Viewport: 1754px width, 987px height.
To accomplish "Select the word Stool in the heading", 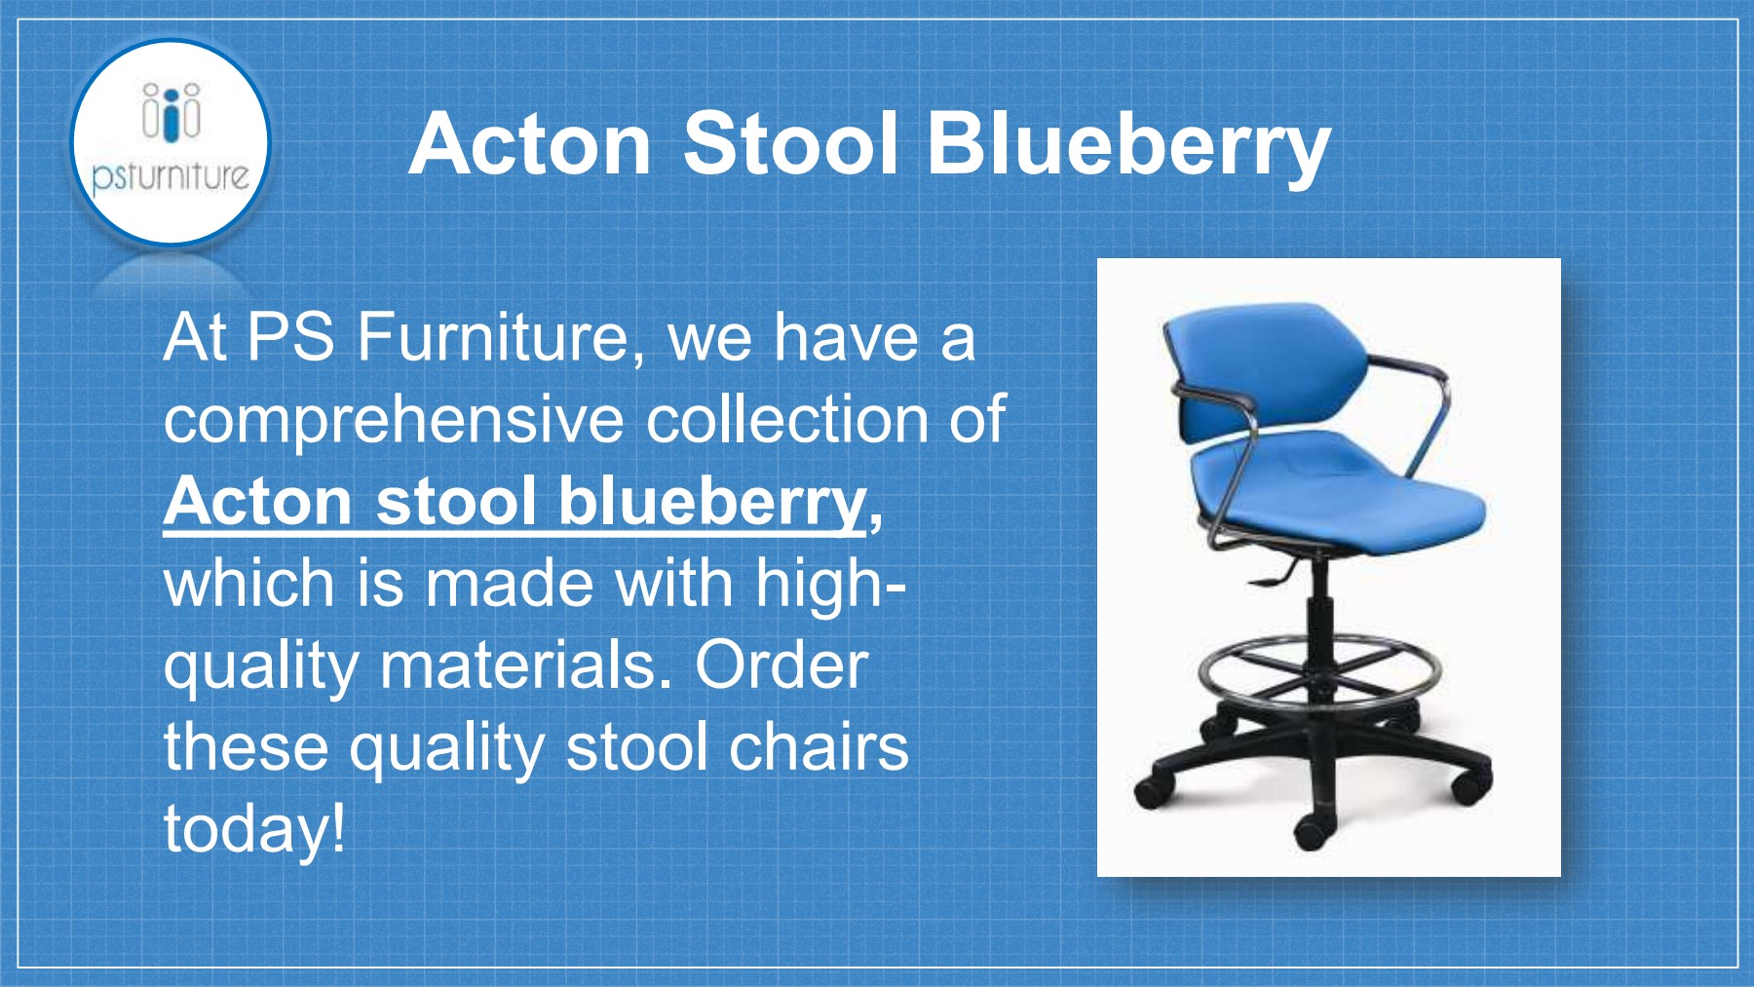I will click(789, 144).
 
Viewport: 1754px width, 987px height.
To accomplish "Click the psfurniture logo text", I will click(171, 176).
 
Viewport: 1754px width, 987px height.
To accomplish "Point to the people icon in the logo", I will click(172, 111).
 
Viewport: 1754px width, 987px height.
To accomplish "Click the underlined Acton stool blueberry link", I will click(515, 502).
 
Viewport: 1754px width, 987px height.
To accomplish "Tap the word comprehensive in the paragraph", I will click(394, 420).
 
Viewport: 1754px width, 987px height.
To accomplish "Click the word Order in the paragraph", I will click(781, 665).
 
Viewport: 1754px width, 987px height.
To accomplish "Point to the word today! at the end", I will click(254, 829).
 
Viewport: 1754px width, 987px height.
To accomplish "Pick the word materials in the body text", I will click(525, 665).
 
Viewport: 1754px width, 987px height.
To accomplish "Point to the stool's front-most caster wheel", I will click(1313, 831).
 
